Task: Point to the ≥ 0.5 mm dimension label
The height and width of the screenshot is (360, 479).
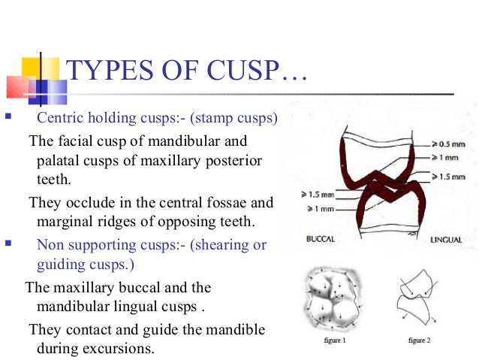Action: [x=448, y=143]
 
